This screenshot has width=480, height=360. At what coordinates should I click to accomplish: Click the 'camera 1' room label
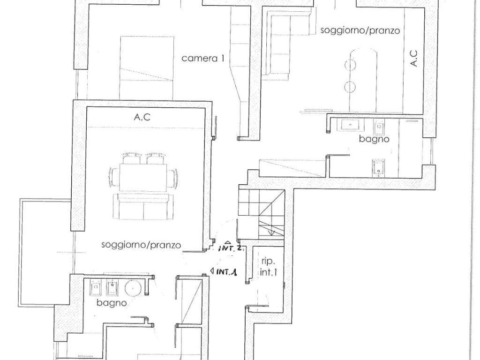click(x=202, y=58)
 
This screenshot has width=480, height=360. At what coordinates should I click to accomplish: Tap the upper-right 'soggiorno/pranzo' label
click(x=360, y=30)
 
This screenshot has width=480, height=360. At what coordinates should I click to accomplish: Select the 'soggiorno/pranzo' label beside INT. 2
click(x=141, y=245)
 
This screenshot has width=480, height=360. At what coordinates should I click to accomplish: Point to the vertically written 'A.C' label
click(x=413, y=58)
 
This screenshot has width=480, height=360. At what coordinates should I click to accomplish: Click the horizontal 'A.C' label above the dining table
click(x=142, y=117)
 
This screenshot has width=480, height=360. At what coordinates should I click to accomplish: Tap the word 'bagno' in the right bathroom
click(x=374, y=139)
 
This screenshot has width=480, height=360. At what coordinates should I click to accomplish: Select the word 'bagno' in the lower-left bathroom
click(x=112, y=303)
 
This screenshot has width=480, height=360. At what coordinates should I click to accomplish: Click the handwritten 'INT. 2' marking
click(x=230, y=247)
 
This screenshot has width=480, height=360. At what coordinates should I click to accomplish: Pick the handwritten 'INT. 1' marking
click(x=226, y=271)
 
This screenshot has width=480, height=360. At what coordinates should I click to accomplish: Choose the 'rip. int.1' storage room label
click(x=268, y=267)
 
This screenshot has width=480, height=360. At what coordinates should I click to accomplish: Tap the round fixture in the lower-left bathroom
click(x=133, y=288)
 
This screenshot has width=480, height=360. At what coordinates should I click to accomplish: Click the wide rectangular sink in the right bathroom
click(x=351, y=125)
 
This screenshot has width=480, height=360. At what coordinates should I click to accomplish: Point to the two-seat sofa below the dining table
click(x=143, y=206)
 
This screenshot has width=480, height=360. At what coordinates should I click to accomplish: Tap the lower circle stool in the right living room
click(x=350, y=87)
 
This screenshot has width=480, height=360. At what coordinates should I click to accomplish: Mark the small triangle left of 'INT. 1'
click(x=212, y=271)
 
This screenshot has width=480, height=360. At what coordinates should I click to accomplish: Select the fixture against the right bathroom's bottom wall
click(x=378, y=168)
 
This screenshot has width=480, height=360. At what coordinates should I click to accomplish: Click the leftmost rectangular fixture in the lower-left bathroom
click(x=97, y=288)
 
